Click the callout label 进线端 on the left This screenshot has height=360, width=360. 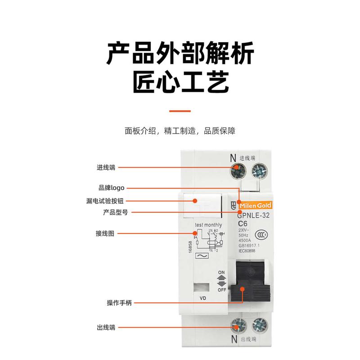click(x=106, y=167)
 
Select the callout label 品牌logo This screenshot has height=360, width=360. click(x=111, y=188)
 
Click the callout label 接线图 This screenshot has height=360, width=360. click(x=106, y=234)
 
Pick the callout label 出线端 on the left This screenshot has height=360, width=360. click(x=106, y=328)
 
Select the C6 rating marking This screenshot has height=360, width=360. click(x=243, y=224)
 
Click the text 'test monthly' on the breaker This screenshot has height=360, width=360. click(x=208, y=225)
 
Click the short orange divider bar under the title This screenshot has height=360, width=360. click(x=180, y=111)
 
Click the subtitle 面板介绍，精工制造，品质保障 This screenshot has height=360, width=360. click(x=180, y=131)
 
